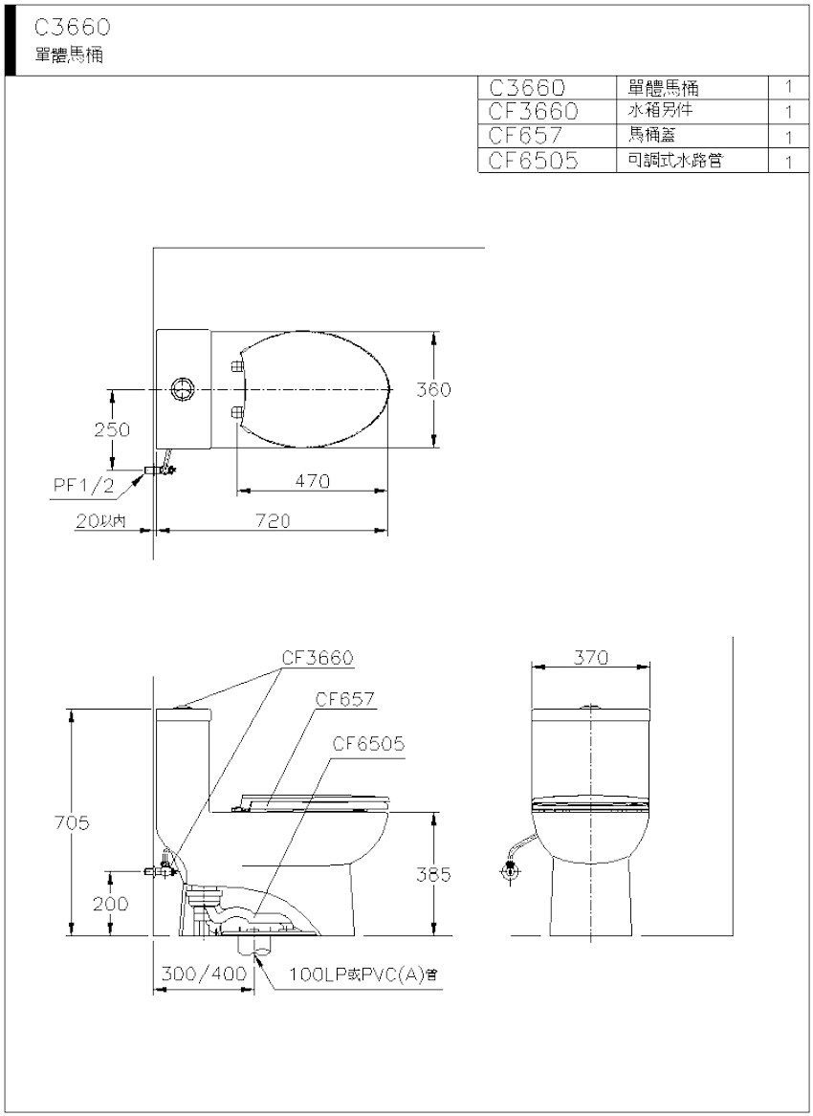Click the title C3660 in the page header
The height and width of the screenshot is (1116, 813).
72,28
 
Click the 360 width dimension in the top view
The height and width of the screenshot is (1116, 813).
433,389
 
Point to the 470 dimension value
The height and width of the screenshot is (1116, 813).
313,481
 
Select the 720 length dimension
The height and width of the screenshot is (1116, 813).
273,521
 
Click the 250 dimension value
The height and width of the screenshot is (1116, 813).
112,429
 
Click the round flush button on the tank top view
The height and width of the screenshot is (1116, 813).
183,389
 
